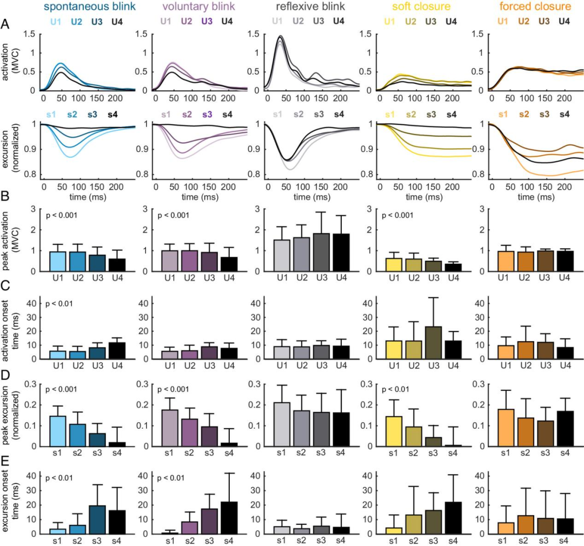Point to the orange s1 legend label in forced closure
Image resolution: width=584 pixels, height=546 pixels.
[x=502, y=115]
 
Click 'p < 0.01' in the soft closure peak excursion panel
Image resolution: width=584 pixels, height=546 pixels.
[x=397, y=389]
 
